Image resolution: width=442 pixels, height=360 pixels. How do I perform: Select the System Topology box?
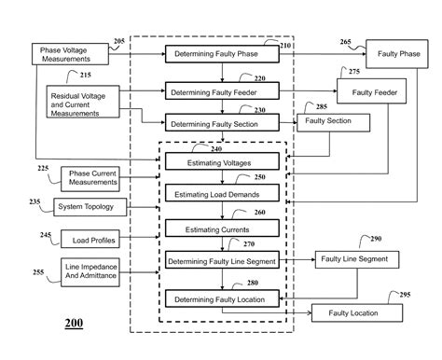click(x=90, y=205)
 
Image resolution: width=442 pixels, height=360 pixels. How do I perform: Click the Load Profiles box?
click(x=90, y=239)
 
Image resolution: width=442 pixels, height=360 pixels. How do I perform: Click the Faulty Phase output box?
click(x=397, y=54)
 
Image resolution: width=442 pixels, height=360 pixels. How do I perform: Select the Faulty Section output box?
click(x=332, y=122)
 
